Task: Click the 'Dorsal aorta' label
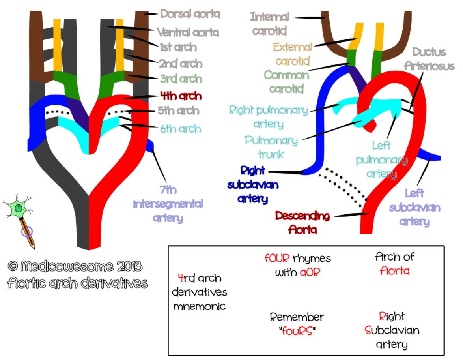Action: (x=190, y=14)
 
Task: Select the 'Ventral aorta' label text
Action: (x=188, y=32)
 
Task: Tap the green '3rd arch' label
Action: (x=181, y=79)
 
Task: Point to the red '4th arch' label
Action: (x=181, y=96)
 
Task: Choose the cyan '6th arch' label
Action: (x=180, y=129)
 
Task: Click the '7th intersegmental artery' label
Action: (x=168, y=204)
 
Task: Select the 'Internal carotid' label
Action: (x=270, y=23)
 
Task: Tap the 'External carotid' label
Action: (x=292, y=54)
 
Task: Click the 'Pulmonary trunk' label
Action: (x=271, y=147)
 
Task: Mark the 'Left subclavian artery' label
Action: (x=414, y=207)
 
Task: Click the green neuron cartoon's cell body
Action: (x=19, y=209)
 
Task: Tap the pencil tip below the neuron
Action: (x=34, y=247)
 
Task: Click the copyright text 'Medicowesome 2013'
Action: (x=75, y=266)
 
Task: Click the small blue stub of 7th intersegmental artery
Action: (x=150, y=145)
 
